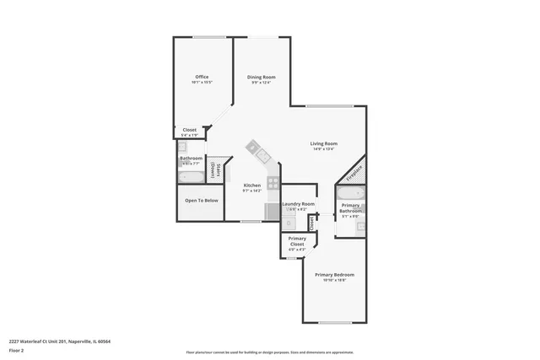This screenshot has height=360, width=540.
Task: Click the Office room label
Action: click(x=202, y=77)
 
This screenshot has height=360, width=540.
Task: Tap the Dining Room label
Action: click(x=261, y=77)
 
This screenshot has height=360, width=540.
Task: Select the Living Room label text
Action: click(x=324, y=143)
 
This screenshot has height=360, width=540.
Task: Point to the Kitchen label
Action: click(x=252, y=185)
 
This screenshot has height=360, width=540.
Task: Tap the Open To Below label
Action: click(x=202, y=201)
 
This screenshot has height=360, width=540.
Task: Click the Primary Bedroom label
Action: click(x=334, y=275)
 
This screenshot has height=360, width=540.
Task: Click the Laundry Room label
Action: click(x=298, y=204)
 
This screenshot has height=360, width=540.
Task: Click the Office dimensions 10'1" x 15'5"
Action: click(x=202, y=83)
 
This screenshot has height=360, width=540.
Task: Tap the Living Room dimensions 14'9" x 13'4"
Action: click(x=324, y=149)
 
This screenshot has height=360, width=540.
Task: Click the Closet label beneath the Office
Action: click(x=190, y=130)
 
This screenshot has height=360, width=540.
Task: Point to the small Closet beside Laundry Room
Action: click(x=311, y=223)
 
